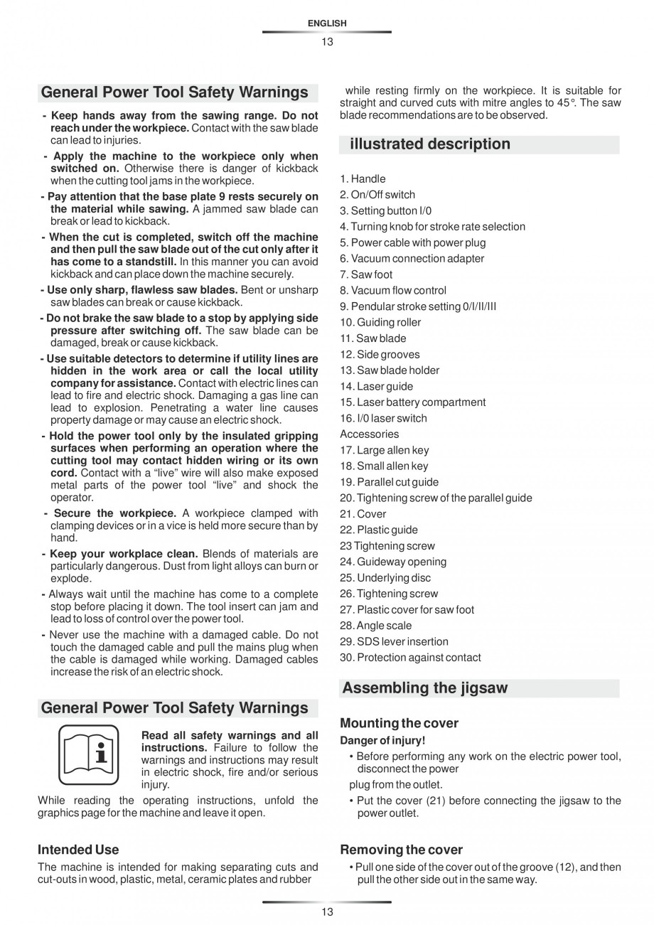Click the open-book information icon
point(88,754)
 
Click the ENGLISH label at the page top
point(327,23)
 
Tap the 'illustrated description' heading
point(429,144)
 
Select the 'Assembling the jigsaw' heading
point(425,688)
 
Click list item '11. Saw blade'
point(372,338)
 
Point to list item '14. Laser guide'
point(376,386)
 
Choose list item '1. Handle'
point(363,179)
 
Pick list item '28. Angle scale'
point(375,626)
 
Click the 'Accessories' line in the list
point(369,434)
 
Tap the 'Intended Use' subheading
point(78,850)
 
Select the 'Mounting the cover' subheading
point(399,723)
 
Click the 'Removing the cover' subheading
point(401,850)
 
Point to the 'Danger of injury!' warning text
point(382,740)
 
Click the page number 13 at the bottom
point(326,912)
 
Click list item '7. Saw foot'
point(366,274)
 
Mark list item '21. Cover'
point(363,514)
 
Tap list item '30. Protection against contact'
point(410,658)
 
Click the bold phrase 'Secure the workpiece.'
point(115,513)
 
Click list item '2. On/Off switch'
point(377,195)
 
